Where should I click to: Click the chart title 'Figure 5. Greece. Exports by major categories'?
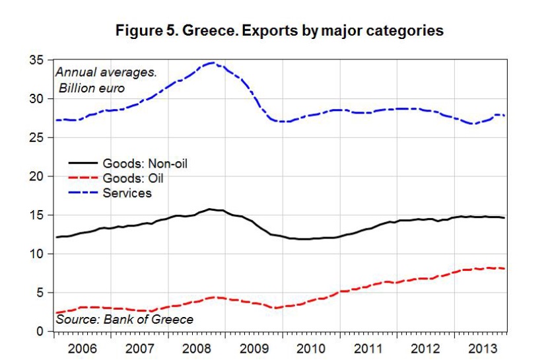click(279, 31)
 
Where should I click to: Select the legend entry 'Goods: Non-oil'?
click(145, 163)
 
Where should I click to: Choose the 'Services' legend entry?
click(127, 193)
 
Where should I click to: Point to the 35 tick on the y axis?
click(36, 60)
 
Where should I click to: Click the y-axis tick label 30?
click(36, 99)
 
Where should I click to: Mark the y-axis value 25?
click(36, 137)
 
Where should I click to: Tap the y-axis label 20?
click(36, 176)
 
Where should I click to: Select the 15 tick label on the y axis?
click(36, 215)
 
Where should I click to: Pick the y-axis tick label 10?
click(36, 254)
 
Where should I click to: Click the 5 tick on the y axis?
click(40, 293)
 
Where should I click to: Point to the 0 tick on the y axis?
click(40, 331)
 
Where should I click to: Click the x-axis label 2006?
click(82, 347)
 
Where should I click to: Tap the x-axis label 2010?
click(309, 347)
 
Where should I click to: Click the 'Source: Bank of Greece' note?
click(125, 320)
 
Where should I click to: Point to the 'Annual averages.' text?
click(106, 72)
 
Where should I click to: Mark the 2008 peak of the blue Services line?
click(211, 63)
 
